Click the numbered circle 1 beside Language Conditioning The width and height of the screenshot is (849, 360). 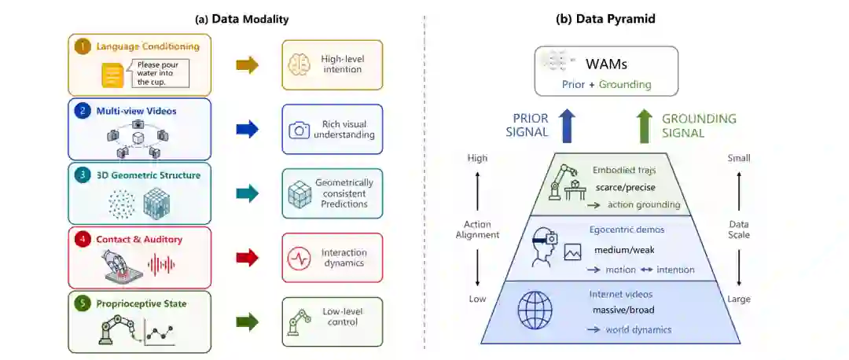(83, 46)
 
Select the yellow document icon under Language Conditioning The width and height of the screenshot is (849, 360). (112, 75)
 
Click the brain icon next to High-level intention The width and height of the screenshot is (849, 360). (300, 64)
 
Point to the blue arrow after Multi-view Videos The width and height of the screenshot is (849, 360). (248, 130)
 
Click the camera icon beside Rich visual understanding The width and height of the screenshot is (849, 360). (299, 130)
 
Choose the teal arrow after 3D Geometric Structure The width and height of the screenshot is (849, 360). (248, 194)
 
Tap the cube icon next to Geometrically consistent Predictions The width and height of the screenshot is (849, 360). (300, 194)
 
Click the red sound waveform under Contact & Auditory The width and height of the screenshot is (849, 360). (162, 265)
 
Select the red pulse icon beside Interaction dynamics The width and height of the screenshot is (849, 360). (299, 259)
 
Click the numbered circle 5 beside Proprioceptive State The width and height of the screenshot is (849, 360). (83, 303)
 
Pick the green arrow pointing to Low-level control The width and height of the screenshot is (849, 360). (248, 322)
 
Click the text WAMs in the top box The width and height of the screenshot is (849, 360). (606, 64)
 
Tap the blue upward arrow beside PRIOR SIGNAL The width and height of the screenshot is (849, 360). (568, 126)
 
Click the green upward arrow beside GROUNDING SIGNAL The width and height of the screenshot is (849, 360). (645, 126)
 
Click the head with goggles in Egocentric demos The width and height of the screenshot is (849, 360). (542, 247)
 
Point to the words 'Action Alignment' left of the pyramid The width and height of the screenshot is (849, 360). (478, 229)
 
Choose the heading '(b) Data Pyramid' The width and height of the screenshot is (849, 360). (605, 19)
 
